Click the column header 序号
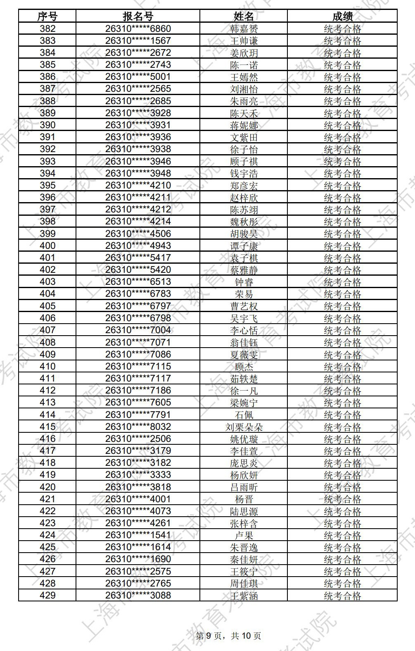coord(47,17)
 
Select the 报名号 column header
coord(138,17)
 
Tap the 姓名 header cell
coord(244,17)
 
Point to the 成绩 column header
coord(342,17)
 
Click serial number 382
coord(47,29)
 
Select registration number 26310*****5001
coord(138,77)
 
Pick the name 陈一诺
coord(244,65)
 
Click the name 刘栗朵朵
coord(244,427)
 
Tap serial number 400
coord(47,246)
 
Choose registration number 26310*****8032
coord(138,427)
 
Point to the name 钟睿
coord(244,282)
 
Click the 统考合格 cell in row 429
coord(342,596)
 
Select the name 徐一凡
coord(244,391)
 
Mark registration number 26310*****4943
coord(138,246)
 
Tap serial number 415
coord(47,427)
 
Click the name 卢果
coord(244,535)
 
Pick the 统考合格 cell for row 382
coord(342,29)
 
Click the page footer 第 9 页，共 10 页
coord(228,636)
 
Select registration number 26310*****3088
coord(138,596)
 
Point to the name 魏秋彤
coord(244,222)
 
